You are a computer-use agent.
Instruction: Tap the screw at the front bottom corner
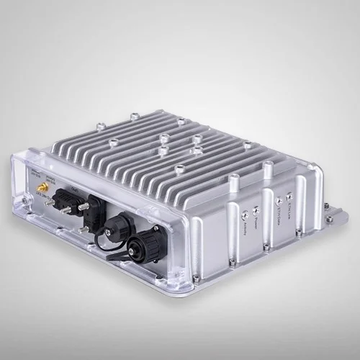[x=195, y=279]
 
